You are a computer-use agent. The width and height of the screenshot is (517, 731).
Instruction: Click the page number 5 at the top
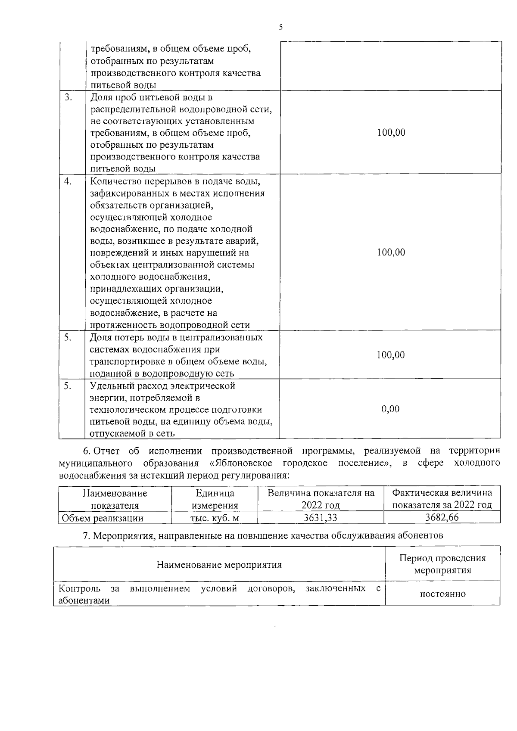pos(280,27)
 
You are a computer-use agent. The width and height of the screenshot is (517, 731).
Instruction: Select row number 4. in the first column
pos(68,181)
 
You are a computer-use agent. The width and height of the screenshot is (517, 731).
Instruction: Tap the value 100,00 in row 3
pos(391,133)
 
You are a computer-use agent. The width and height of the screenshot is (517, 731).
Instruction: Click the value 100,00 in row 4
pos(391,252)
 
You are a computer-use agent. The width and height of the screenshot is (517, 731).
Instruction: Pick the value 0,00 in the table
pos(390,409)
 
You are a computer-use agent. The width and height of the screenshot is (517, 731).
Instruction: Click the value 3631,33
pos(320,518)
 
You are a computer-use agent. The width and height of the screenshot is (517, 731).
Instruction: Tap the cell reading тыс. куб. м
pos(215,518)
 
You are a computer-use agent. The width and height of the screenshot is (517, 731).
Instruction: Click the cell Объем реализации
pos(103,518)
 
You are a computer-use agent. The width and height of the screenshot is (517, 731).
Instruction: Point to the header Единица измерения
pos(215,499)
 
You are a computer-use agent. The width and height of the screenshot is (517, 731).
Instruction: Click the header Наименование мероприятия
pos(219,564)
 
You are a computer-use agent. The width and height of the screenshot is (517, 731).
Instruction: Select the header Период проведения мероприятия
pos(442,564)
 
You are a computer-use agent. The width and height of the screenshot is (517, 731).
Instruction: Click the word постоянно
pos(442,594)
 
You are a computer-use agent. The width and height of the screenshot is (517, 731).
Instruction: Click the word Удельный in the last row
pos(111,386)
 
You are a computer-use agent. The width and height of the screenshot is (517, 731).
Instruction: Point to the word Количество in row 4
pos(115,181)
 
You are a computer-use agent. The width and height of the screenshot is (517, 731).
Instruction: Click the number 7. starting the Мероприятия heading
pos(86,536)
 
